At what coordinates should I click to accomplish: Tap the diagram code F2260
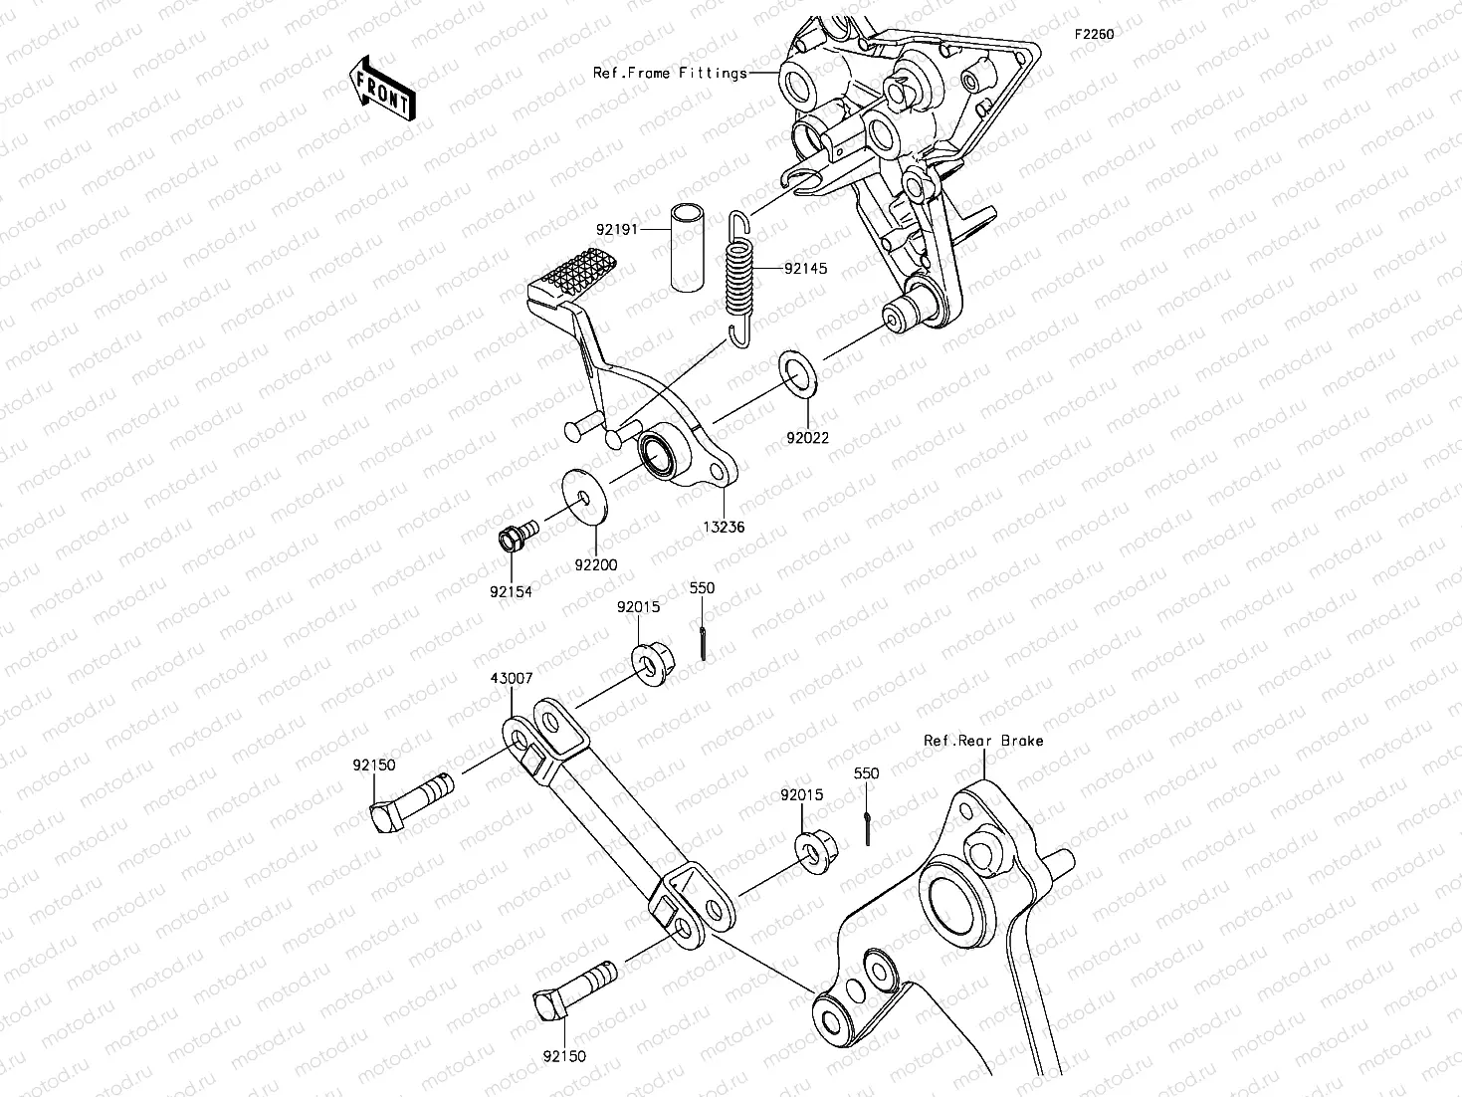pyautogui.click(x=1093, y=34)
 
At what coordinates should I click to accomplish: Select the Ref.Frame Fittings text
pyautogui.click(x=670, y=73)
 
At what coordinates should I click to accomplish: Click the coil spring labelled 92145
pyautogui.click(x=738, y=280)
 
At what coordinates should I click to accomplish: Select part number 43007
pyautogui.click(x=511, y=679)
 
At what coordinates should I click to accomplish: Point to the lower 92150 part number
pyautogui.click(x=564, y=1056)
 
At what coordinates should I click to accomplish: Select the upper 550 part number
pyautogui.click(x=702, y=588)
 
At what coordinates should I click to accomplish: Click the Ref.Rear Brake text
pyautogui.click(x=983, y=741)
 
